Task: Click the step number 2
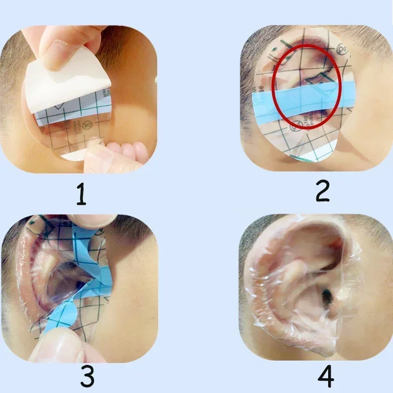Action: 322,191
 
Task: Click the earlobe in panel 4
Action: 314,339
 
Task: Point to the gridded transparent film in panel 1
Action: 74,123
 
